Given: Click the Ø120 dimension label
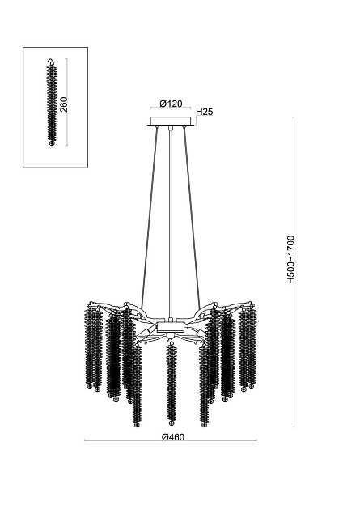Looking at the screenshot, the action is [171, 104].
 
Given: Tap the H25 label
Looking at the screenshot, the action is [205, 112].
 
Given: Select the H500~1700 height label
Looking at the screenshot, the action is [290, 260].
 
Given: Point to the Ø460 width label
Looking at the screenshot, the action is [173, 437].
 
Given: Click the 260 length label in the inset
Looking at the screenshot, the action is [65, 104].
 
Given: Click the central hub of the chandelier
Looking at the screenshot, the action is [171, 327].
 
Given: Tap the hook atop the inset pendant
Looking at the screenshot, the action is [50, 62].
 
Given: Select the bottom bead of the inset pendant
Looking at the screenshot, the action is [51, 143].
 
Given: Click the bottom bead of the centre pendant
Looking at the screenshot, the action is [171, 423].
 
